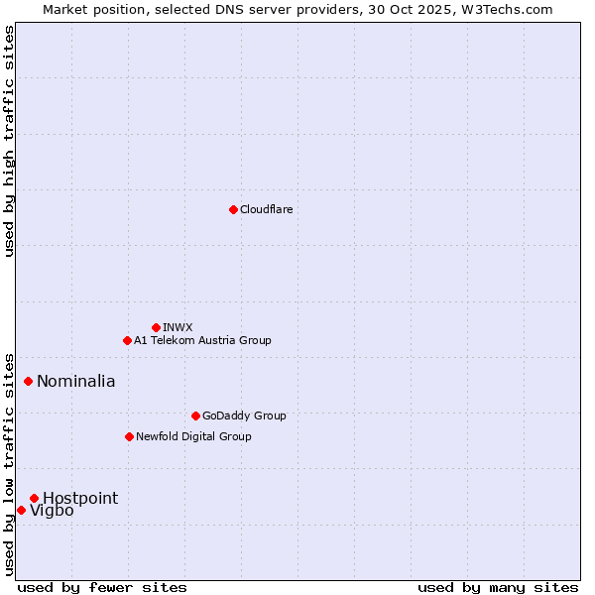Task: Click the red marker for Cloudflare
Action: tap(233, 209)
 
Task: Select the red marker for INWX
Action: tap(156, 327)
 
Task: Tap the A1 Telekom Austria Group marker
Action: tap(127, 340)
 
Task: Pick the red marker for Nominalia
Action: tap(29, 381)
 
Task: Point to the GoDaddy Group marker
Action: tap(195, 416)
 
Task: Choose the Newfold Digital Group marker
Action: tap(129, 436)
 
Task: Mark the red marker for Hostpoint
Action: tap(34, 498)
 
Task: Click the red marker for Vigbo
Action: tap(21, 510)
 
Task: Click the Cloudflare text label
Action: tap(266, 209)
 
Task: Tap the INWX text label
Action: tap(178, 327)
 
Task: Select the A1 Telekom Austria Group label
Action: tap(202, 340)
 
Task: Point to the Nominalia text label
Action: tap(75, 381)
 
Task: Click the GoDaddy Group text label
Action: tap(243, 416)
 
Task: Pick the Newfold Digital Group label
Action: tap(193, 436)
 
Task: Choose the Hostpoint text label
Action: tap(79, 498)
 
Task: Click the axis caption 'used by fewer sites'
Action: tap(102, 587)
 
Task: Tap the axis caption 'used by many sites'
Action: tap(498, 587)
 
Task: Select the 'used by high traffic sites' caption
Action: tap(9, 141)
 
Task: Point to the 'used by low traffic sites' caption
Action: tap(9, 463)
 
